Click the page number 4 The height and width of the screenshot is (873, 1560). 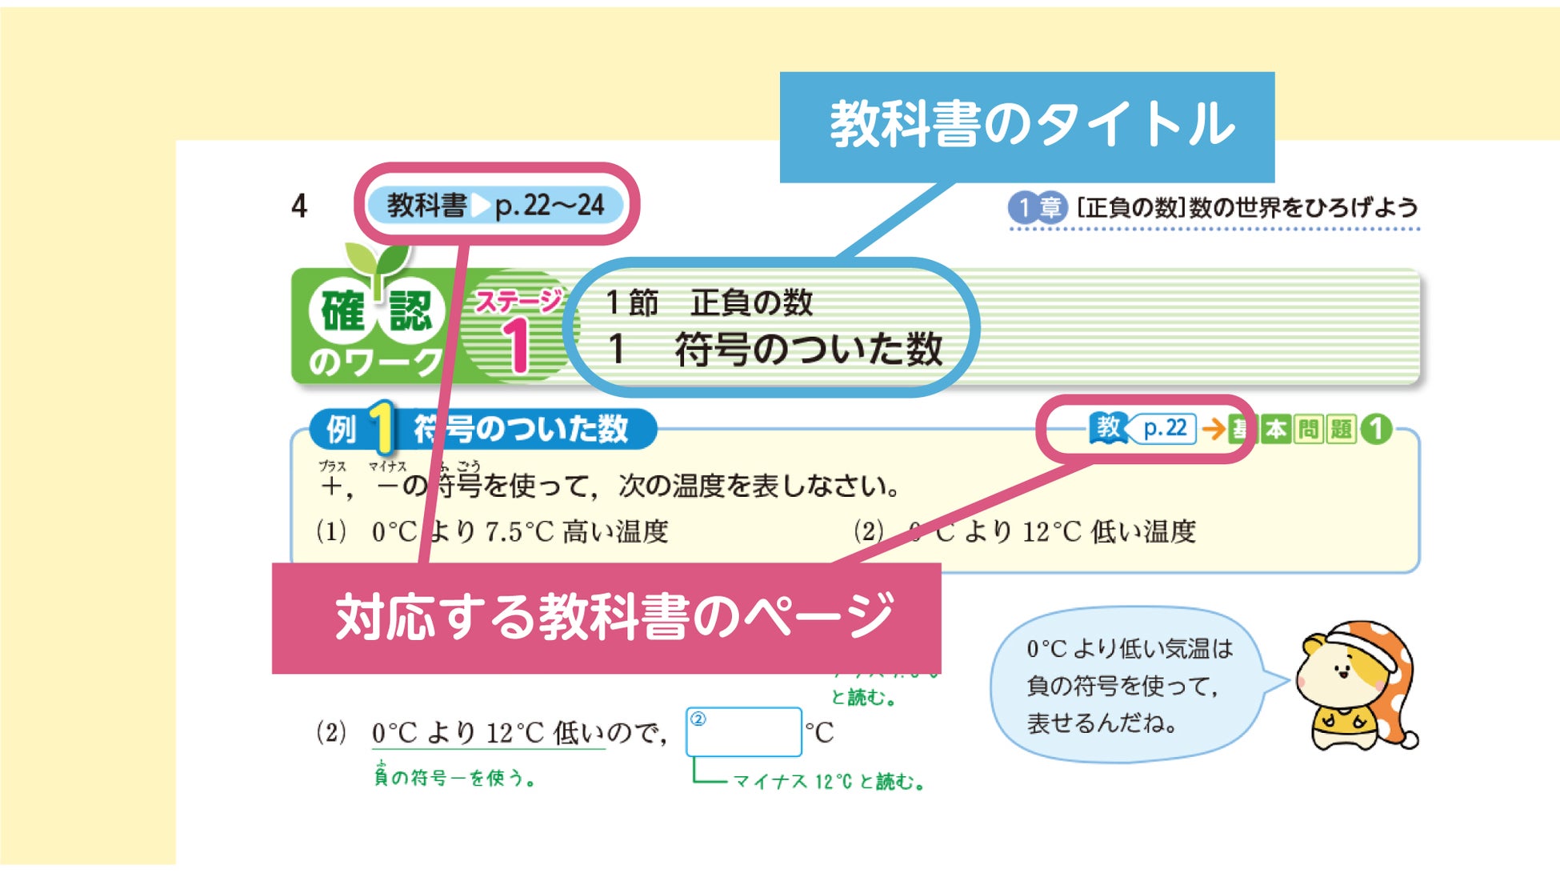pyautogui.click(x=299, y=206)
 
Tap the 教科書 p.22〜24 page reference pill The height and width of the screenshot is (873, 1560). pyautogui.click(x=495, y=206)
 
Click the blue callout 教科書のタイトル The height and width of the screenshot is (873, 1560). pyautogui.click(x=1027, y=126)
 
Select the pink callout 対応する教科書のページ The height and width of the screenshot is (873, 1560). pyautogui.click(x=606, y=617)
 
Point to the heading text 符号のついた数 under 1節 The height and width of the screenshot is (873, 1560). pyautogui.click(x=809, y=350)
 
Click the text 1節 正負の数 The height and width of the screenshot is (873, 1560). pyautogui.click(x=710, y=302)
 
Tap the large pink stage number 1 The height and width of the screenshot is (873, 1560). pyautogui.click(x=518, y=345)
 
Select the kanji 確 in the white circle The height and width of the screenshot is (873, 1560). pyautogui.click(x=342, y=311)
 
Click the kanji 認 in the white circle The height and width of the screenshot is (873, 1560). pyautogui.click(x=410, y=311)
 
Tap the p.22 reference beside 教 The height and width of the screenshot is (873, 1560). pyautogui.click(x=1164, y=429)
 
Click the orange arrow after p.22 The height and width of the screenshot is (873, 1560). pyautogui.click(x=1213, y=430)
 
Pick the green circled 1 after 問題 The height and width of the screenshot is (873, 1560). pyautogui.click(x=1376, y=430)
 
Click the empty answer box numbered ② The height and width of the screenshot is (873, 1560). pyautogui.click(x=744, y=732)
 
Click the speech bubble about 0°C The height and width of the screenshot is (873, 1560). pyautogui.click(x=1128, y=685)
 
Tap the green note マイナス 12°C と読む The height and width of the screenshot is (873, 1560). pyautogui.click(x=829, y=782)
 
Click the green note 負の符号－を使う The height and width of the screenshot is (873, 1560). pyautogui.click(x=454, y=777)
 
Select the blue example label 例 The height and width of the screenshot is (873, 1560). pyautogui.click(x=341, y=430)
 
